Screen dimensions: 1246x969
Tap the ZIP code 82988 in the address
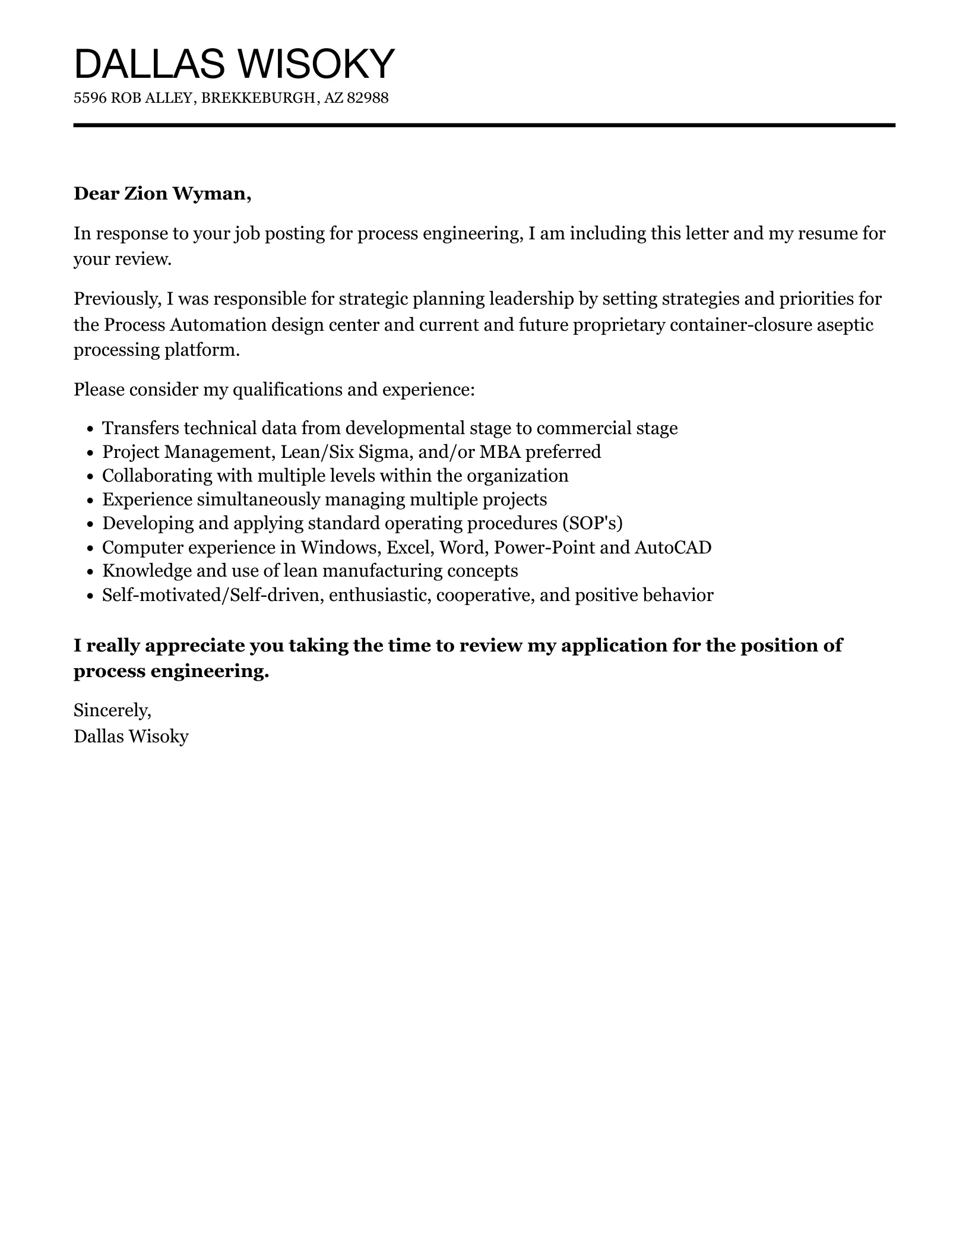pyautogui.click(x=367, y=98)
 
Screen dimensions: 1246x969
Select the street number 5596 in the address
pyautogui.click(x=90, y=98)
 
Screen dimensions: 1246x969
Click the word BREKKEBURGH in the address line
pyautogui.click(x=258, y=98)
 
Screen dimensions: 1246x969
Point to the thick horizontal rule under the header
pyautogui.click(x=484, y=125)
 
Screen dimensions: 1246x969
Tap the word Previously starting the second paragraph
pyautogui.click(x=117, y=298)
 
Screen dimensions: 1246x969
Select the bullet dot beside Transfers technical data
pyautogui.click(x=90, y=429)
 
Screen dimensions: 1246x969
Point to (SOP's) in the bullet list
pyautogui.click(x=596, y=523)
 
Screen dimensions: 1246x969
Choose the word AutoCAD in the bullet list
pyautogui.click(x=673, y=547)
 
